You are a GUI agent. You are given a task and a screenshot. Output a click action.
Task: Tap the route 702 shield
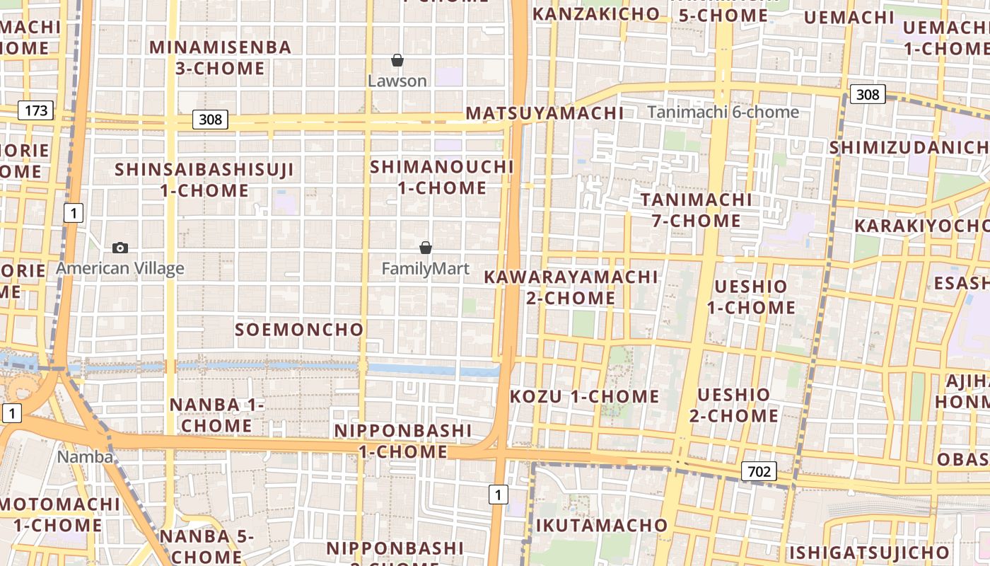[759, 470]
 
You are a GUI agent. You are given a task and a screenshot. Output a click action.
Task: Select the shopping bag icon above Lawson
[397, 61]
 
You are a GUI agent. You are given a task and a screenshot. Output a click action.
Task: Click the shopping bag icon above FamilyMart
[426, 248]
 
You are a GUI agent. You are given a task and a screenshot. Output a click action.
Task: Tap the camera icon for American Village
[120, 248]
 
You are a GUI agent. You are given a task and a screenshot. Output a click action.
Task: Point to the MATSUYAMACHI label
[544, 113]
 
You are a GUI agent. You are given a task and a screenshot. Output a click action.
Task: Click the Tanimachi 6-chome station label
[723, 112]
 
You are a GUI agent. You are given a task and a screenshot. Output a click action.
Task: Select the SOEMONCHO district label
[299, 330]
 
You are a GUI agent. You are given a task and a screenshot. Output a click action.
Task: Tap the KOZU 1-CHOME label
[584, 396]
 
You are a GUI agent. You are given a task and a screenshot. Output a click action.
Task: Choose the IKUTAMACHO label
[601, 525]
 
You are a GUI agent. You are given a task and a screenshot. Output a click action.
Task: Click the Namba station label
[85, 456]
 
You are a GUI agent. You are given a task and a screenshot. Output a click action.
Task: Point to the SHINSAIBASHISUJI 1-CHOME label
[204, 180]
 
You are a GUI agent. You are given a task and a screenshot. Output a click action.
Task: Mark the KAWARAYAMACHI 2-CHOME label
[571, 287]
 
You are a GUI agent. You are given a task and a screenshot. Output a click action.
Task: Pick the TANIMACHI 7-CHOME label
[696, 210]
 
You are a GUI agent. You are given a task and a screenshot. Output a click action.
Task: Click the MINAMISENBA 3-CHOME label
[220, 58]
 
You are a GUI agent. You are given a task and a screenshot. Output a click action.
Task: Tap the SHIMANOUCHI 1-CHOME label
[442, 178]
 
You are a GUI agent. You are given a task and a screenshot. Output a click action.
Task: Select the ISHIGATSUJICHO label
[869, 552]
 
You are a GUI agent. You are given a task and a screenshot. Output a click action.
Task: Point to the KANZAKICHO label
[595, 14]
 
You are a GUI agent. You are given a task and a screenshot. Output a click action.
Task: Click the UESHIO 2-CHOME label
[733, 405]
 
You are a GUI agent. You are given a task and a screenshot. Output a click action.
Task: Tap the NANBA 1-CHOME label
[216, 415]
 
